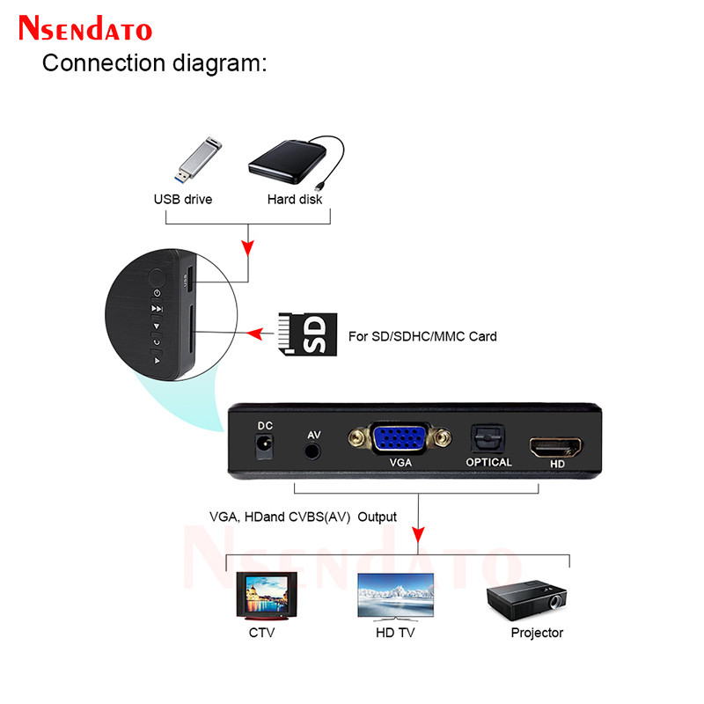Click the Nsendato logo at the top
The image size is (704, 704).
point(85,28)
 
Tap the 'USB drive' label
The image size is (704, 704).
point(183,199)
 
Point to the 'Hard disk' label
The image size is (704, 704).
point(295,199)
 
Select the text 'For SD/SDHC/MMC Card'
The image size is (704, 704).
point(422,336)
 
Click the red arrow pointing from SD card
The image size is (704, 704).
point(260,334)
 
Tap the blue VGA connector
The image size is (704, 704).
point(400,436)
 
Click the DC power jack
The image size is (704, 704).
point(264,447)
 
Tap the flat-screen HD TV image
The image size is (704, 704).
point(394,597)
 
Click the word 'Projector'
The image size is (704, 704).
point(537,633)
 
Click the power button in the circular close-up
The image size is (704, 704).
point(157,292)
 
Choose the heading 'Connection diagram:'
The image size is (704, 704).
point(154,63)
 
